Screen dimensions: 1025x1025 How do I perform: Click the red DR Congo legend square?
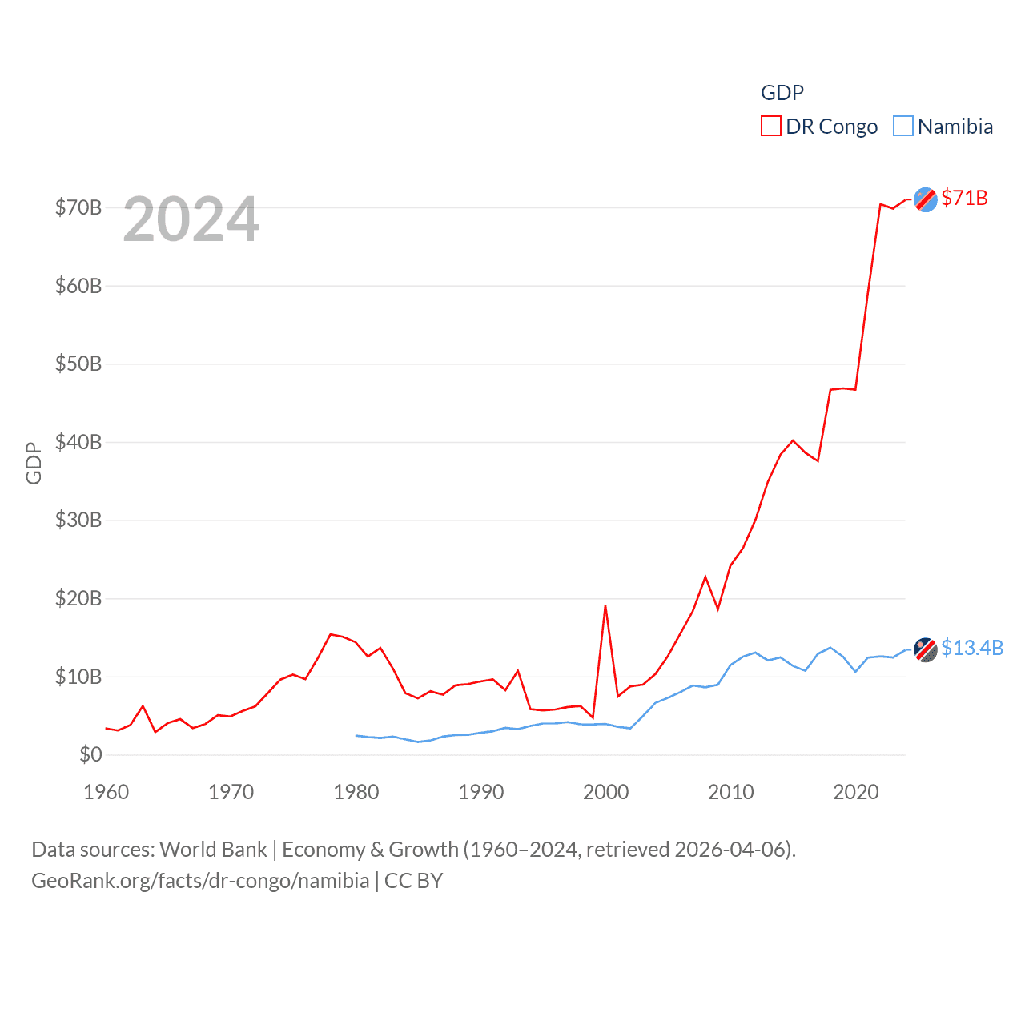pyautogui.click(x=770, y=127)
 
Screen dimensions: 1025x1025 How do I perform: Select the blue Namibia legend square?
pyautogui.click(x=902, y=127)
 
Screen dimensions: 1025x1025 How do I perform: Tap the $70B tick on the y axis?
pyautogui.click(x=78, y=207)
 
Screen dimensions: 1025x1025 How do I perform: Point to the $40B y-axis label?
pyautogui.click(x=78, y=442)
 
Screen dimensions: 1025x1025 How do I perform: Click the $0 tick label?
pyautogui.click(x=90, y=754)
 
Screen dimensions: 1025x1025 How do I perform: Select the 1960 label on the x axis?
pyautogui.click(x=107, y=792)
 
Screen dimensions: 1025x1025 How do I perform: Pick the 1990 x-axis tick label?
pyautogui.click(x=481, y=792)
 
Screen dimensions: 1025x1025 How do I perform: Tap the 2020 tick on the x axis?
pyautogui.click(x=856, y=792)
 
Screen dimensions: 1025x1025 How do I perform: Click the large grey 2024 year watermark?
pyautogui.click(x=191, y=219)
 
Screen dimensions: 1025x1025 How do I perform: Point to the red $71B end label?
pyautogui.click(x=964, y=198)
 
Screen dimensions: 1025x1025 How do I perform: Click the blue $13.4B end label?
pyautogui.click(x=971, y=648)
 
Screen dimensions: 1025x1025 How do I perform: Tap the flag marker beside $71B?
pyautogui.click(x=926, y=199)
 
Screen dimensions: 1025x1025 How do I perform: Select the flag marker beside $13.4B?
pyautogui.click(x=926, y=649)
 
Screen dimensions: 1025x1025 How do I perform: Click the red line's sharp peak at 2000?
pyautogui.click(x=605, y=606)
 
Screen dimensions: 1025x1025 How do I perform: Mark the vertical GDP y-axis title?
pyautogui.click(x=34, y=463)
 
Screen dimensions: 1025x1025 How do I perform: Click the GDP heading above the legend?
pyautogui.click(x=782, y=93)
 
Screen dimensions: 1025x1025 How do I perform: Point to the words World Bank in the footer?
pyautogui.click(x=213, y=849)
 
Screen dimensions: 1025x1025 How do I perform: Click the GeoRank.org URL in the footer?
pyautogui.click(x=200, y=881)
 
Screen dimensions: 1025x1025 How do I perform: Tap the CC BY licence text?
pyautogui.click(x=413, y=881)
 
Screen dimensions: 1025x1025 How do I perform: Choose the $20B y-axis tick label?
pyautogui.click(x=78, y=598)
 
